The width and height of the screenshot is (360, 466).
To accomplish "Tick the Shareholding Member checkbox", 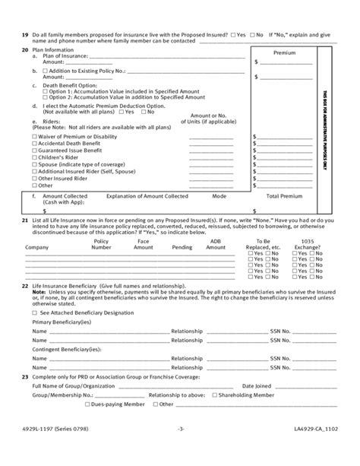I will [x=216, y=416].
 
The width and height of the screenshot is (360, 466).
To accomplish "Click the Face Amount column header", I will [x=143, y=244].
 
